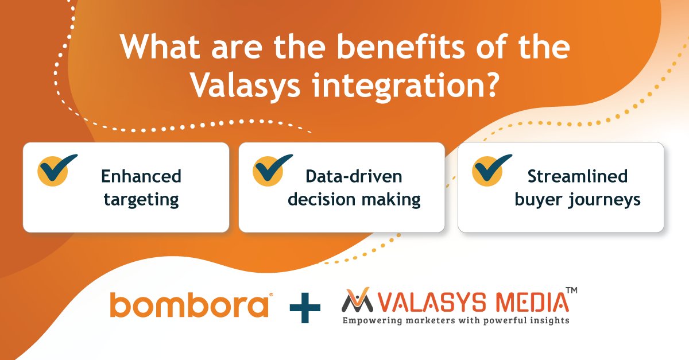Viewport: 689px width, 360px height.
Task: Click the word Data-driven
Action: point(354,176)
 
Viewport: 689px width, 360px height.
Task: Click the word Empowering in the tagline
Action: point(371,320)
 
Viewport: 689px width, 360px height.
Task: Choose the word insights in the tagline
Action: point(550,320)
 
